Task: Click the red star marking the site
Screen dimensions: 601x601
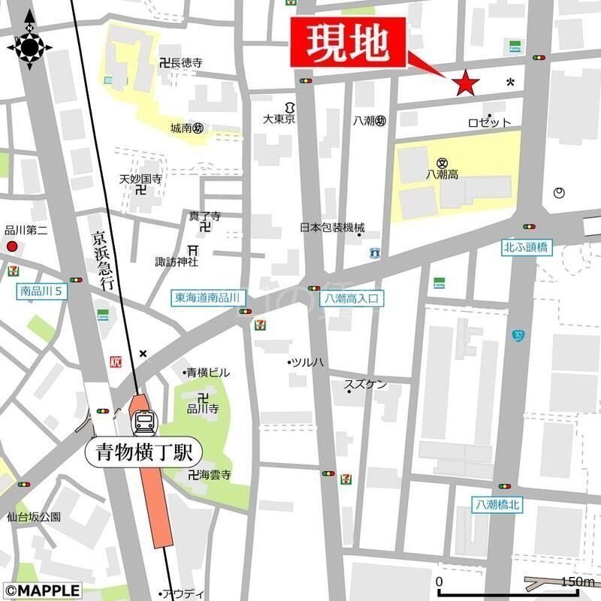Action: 466,83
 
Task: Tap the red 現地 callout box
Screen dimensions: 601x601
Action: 349,44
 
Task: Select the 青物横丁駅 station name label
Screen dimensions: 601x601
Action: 144,452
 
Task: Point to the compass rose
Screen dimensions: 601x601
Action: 29,46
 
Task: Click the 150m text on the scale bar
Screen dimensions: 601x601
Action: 578,582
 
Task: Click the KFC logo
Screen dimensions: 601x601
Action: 116,361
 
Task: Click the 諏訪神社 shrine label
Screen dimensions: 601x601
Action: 177,262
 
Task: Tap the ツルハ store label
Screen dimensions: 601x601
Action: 308,363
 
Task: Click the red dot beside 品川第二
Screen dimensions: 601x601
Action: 11,246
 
